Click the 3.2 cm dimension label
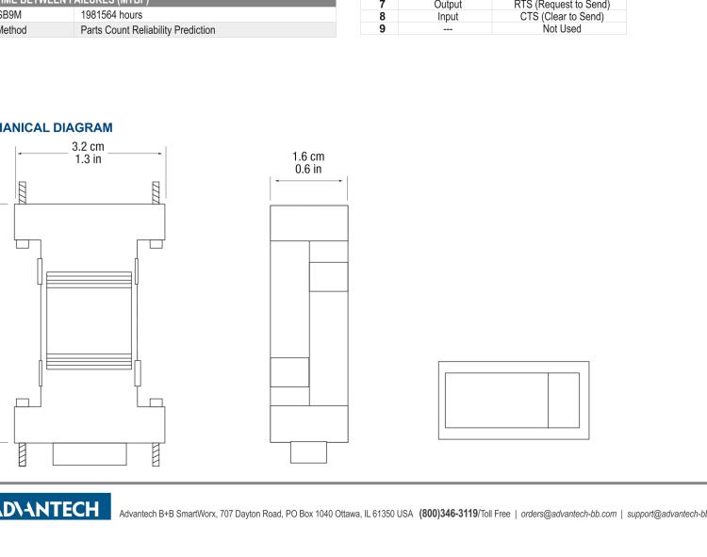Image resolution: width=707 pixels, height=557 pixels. pos(90,146)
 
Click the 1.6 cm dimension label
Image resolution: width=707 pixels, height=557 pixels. pos(308,156)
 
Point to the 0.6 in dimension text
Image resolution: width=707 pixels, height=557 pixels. pos(308,170)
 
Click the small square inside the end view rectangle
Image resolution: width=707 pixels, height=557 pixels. pos(564,400)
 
